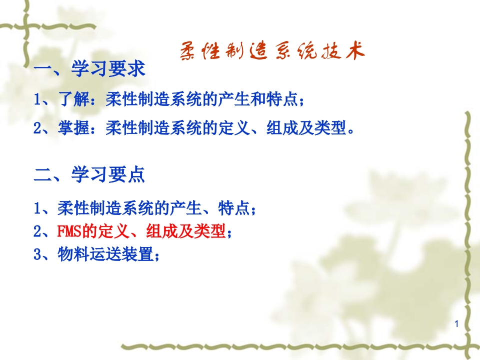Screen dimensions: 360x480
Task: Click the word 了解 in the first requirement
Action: (x=70, y=99)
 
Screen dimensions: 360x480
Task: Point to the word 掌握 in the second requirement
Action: (x=70, y=128)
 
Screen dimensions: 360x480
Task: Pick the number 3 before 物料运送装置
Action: (x=37, y=255)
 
